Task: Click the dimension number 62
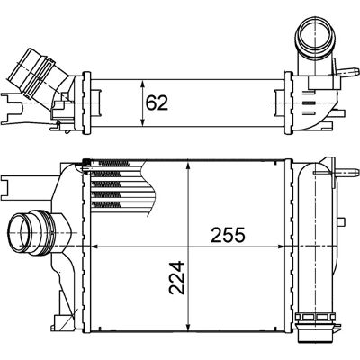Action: click(157, 103)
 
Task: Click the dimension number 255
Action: click(228, 235)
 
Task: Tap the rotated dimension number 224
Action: click(176, 278)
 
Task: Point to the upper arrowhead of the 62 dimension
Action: click(143, 84)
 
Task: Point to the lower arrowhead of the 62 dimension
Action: click(143, 121)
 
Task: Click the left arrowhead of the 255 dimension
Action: click(94, 247)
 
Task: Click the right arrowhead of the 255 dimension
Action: click(281, 247)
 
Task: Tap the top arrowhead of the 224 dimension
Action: click(188, 166)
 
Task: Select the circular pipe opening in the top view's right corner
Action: click(316, 38)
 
